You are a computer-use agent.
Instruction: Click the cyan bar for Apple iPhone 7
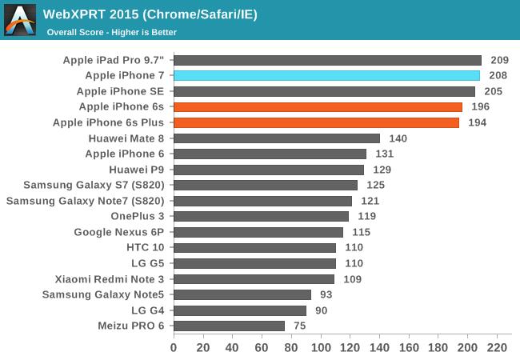click(326, 75)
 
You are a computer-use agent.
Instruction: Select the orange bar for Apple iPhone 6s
click(318, 106)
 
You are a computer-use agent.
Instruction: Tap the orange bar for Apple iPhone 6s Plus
click(316, 122)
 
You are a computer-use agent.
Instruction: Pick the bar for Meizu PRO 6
click(229, 326)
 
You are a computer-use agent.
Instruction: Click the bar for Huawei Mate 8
click(276, 138)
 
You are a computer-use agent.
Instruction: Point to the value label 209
click(498, 60)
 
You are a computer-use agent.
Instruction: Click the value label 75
click(298, 326)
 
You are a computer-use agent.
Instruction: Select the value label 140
click(398, 138)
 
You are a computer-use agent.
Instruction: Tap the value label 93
click(325, 294)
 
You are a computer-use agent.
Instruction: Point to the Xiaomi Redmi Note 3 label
click(110, 279)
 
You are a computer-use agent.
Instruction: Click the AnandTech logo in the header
click(20, 20)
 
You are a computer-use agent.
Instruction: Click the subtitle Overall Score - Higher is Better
click(112, 32)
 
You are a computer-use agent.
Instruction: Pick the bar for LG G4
click(240, 310)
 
